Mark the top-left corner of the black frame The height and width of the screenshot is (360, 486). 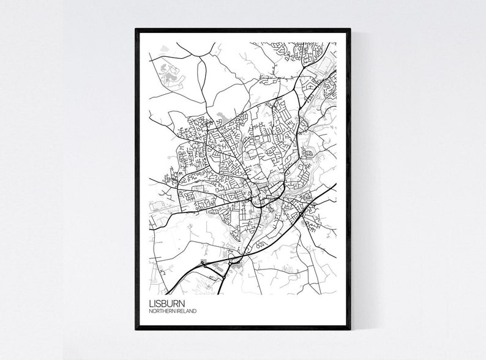click(136, 29)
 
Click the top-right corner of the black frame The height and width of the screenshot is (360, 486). click(350, 29)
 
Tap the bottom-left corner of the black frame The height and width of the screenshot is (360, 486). click(136, 329)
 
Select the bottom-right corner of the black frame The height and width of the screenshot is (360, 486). click(350, 329)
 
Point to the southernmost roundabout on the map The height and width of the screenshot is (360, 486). click(224, 277)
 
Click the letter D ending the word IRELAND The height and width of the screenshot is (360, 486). click(195, 312)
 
